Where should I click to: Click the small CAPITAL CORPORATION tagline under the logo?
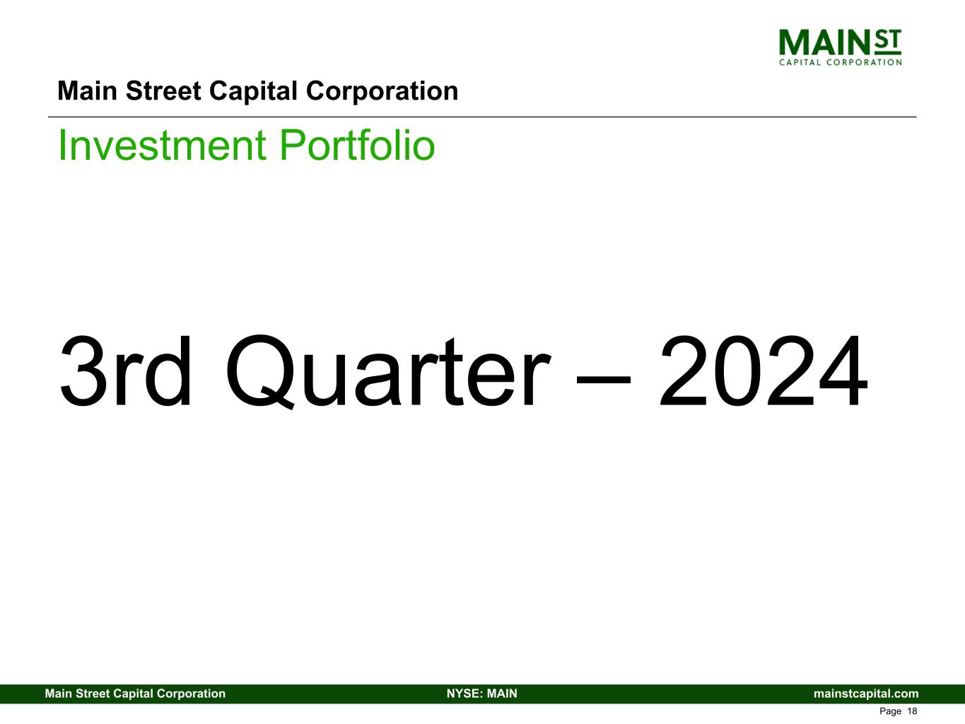click(x=840, y=62)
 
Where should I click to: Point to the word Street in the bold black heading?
click(x=163, y=91)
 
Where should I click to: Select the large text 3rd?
click(x=126, y=371)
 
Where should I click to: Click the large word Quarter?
click(x=387, y=372)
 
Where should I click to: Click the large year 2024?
click(x=764, y=371)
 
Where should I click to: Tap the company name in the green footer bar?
click(x=135, y=694)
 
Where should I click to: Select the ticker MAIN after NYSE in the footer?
click(x=502, y=694)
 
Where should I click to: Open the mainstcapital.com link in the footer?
click(x=866, y=694)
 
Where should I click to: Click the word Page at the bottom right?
click(x=890, y=711)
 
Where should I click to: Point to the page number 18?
click(x=912, y=711)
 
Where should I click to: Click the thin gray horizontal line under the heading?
click(x=482, y=117)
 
